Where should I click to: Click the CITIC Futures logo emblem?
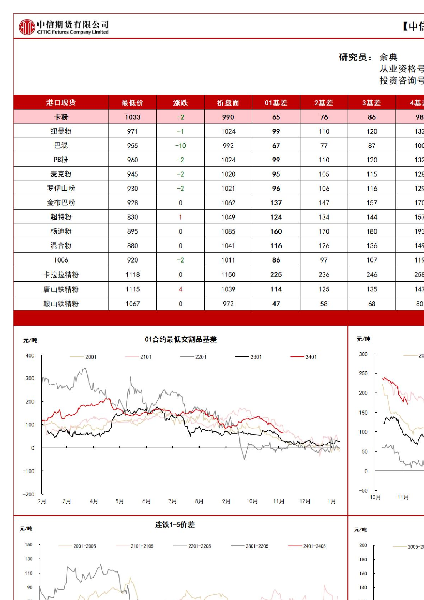point(27,27)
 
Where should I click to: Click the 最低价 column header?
point(132,103)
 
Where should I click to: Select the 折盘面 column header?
point(228,103)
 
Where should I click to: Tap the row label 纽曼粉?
point(61,131)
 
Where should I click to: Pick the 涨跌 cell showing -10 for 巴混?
point(180,146)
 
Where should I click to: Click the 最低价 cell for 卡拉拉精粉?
point(132,275)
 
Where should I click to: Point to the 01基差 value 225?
point(276,275)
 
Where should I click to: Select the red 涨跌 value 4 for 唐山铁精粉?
point(180,289)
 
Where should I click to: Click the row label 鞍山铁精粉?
point(61,304)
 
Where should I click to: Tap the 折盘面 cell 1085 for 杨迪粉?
point(228,231)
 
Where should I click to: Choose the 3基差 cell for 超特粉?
point(372,217)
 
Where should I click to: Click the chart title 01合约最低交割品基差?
point(181,339)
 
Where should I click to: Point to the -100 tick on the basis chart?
point(29,471)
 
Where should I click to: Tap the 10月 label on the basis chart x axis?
point(252,501)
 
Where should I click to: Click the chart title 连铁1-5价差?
point(175,525)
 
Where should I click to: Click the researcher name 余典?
point(388,57)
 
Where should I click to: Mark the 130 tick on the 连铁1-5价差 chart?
point(29,559)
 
